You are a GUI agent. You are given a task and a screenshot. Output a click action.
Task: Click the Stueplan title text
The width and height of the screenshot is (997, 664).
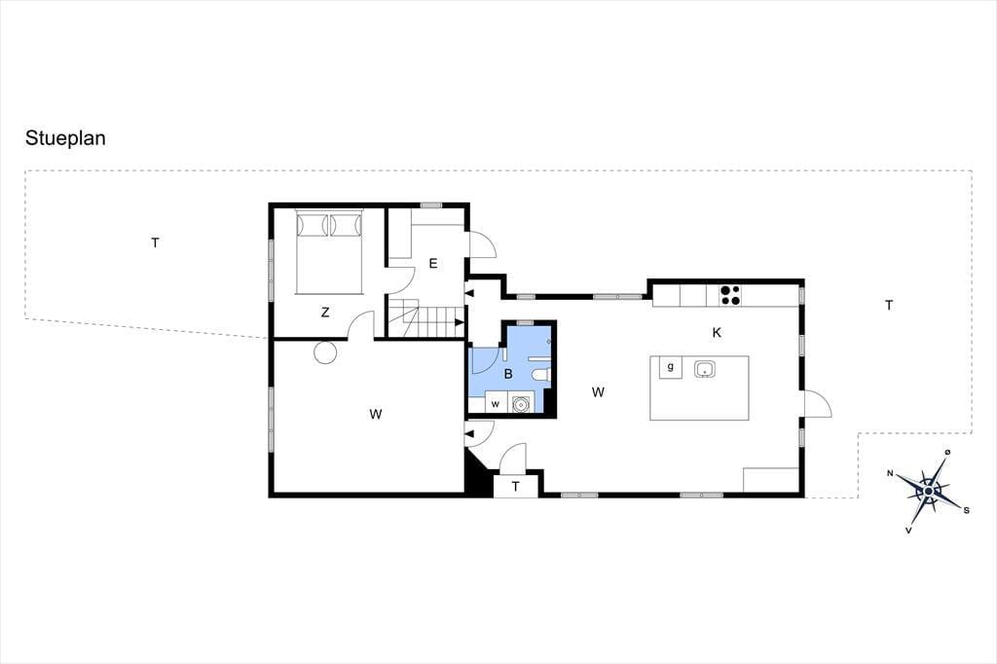pos(65,138)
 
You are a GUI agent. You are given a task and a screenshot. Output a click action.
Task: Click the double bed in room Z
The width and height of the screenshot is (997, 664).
pos(329,251)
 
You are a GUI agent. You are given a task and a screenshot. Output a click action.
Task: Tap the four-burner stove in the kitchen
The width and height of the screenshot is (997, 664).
pos(729,295)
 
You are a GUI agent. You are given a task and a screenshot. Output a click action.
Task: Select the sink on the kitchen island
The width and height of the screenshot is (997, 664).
pos(705,368)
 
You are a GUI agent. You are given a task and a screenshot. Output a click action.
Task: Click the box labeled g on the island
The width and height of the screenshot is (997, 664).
pos(670,367)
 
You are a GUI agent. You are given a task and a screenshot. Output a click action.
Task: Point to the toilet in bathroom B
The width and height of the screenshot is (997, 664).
pos(541,374)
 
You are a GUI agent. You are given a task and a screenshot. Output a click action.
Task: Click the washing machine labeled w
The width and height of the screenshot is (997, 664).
pos(496,403)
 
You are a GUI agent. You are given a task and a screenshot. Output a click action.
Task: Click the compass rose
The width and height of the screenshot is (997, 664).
pos(929,491)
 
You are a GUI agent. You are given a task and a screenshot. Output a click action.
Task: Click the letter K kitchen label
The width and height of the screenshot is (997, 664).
pos(717,333)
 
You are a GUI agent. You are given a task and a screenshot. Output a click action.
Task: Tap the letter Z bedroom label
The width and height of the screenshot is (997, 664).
pos(325,313)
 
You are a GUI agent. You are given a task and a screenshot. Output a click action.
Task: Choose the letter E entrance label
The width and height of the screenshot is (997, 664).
pos(433,263)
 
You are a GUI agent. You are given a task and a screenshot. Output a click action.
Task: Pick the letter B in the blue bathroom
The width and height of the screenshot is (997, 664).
pos(508,374)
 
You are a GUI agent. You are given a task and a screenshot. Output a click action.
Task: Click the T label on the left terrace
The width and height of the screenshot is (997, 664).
pos(155,242)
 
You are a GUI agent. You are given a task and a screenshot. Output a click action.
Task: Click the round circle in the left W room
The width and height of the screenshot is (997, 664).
pos(325,352)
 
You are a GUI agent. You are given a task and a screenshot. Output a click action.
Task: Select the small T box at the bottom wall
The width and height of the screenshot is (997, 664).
pos(516,486)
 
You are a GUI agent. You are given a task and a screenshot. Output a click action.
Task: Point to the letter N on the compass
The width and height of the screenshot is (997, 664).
pos(891,472)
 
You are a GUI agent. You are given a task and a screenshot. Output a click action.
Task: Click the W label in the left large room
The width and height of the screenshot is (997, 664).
pos(376,414)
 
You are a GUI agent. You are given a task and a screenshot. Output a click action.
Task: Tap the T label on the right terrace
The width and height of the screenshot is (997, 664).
pos(889,306)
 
